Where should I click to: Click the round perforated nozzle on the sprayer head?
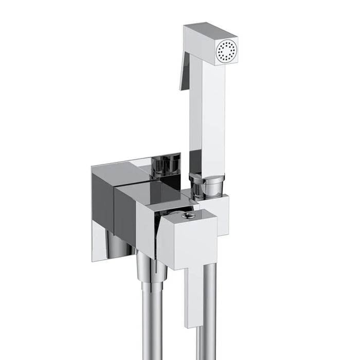coord(227,50)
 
